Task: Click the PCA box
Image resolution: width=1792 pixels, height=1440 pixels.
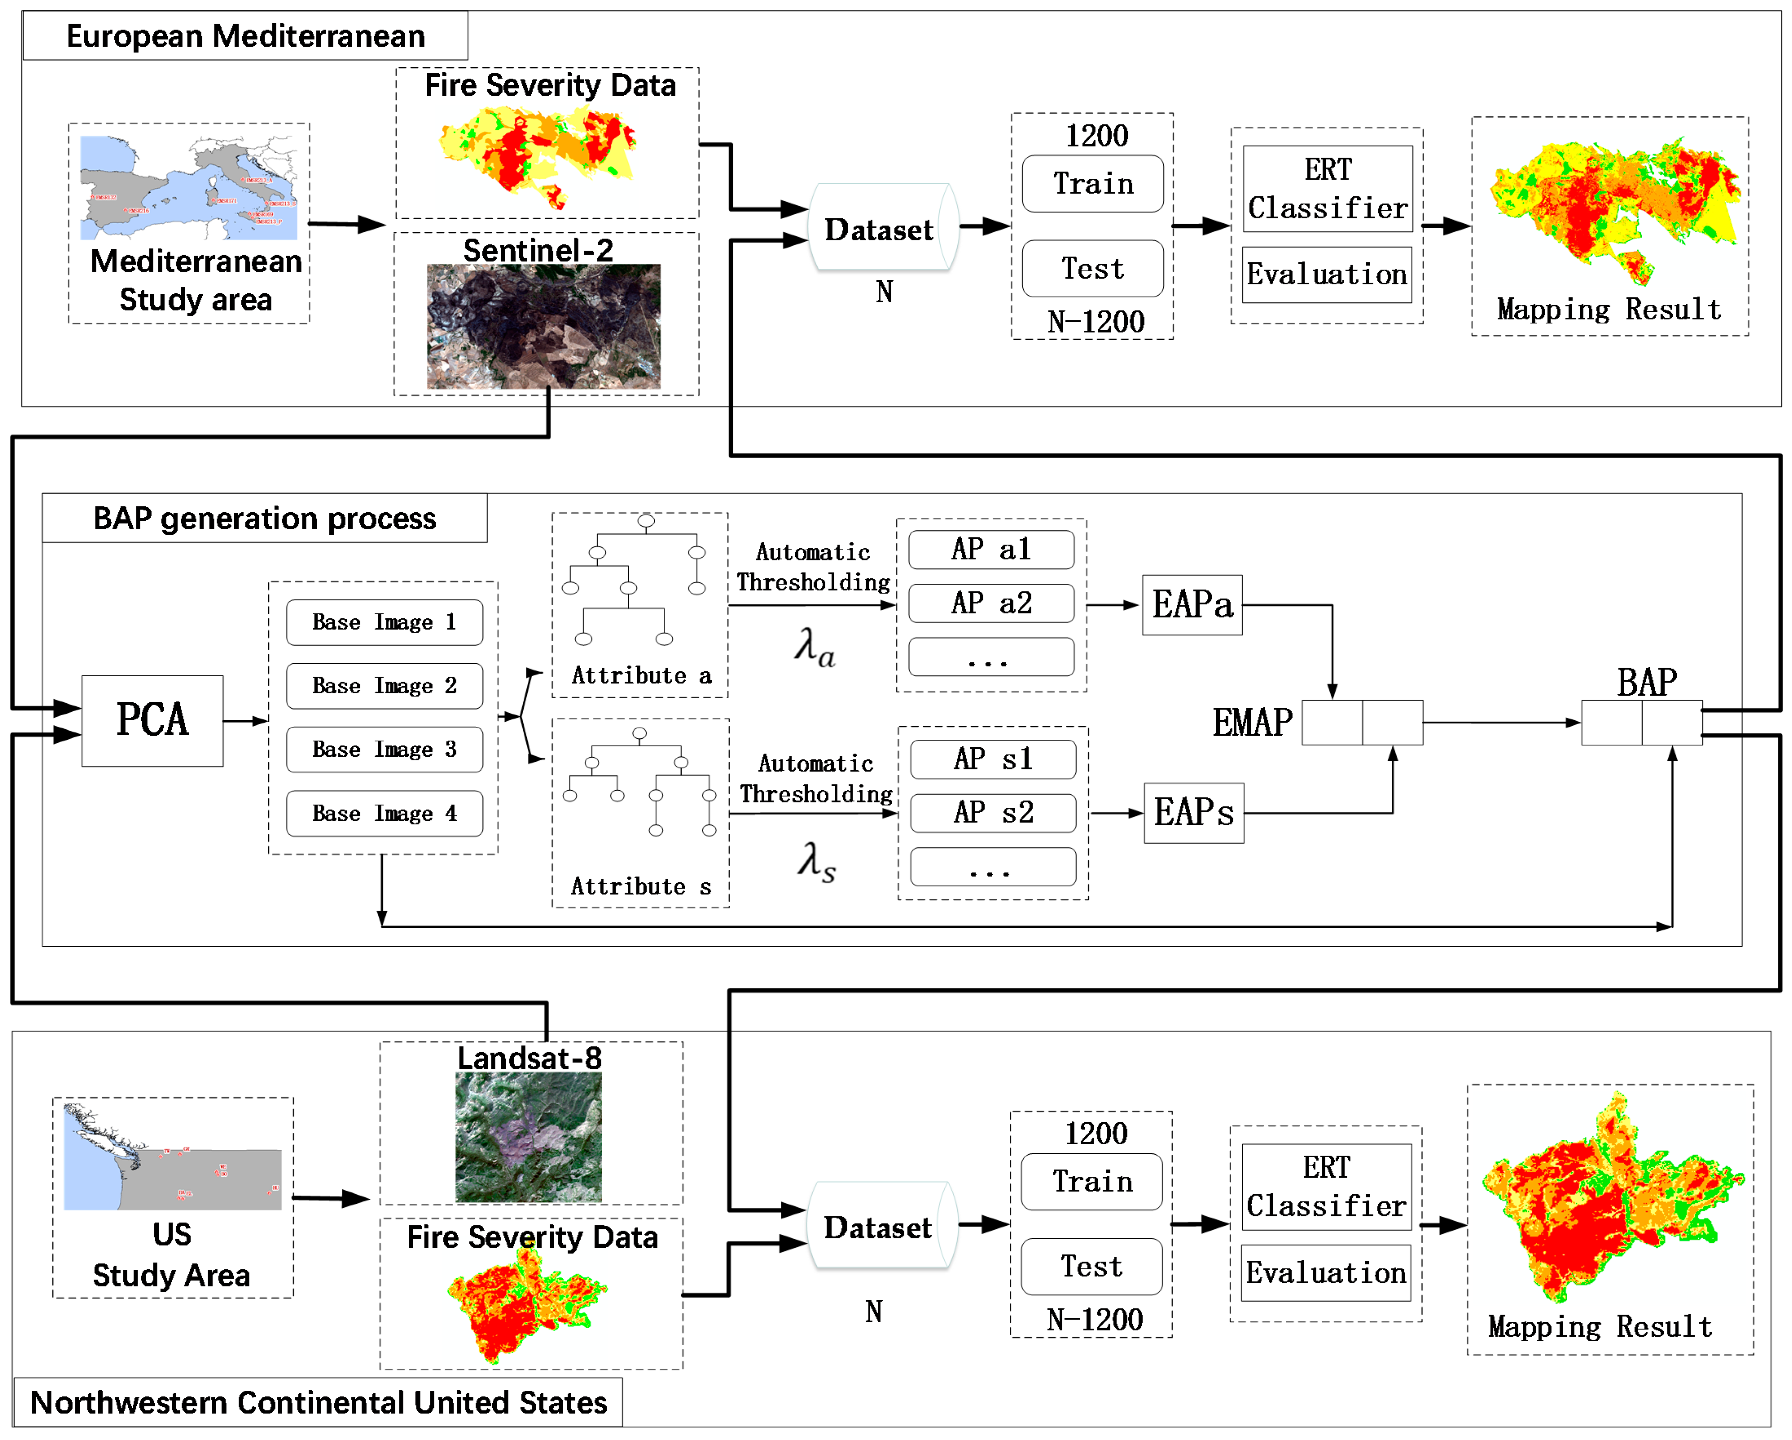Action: pos(152,720)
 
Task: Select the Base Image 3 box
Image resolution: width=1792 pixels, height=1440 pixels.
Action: pos(384,749)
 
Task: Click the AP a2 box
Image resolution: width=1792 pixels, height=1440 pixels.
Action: pos(991,603)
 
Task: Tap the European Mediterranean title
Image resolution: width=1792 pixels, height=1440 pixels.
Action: pos(245,36)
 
